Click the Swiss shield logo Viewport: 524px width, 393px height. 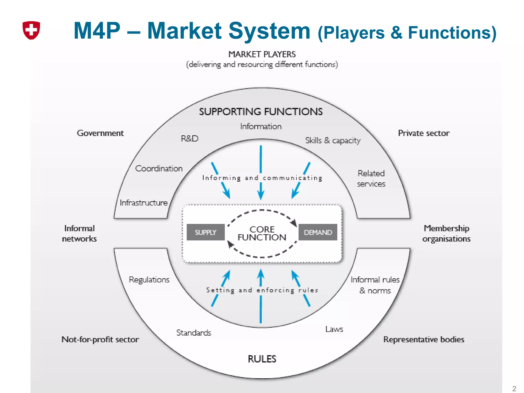(x=31, y=30)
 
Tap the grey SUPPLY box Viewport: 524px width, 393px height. (x=206, y=232)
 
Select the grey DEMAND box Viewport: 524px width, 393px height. (x=318, y=232)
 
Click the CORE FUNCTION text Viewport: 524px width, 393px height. (x=262, y=233)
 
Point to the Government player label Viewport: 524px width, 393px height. (x=100, y=133)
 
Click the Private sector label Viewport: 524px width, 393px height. (x=424, y=133)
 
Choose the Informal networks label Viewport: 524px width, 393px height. (x=79, y=233)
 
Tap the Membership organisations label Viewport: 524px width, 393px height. (x=446, y=233)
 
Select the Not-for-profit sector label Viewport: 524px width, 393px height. (x=100, y=339)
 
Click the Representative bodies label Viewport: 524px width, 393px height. (x=424, y=339)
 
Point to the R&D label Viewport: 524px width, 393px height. (x=190, y=138)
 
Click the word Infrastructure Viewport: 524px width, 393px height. (x=144, y=203)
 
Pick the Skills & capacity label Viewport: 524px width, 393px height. (x=333, y=140)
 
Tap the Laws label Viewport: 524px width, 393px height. (x=334, y=329)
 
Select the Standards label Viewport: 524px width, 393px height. (x=194, y=333)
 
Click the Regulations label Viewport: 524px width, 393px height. (x=149, y=280)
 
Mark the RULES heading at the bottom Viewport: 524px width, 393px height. (x=262, y=359)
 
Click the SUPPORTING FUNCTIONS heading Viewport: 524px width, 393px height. (x=261, y=112)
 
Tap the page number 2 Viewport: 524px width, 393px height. (x=514, y=389)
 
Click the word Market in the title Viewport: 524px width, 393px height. (x=184, y=31)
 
